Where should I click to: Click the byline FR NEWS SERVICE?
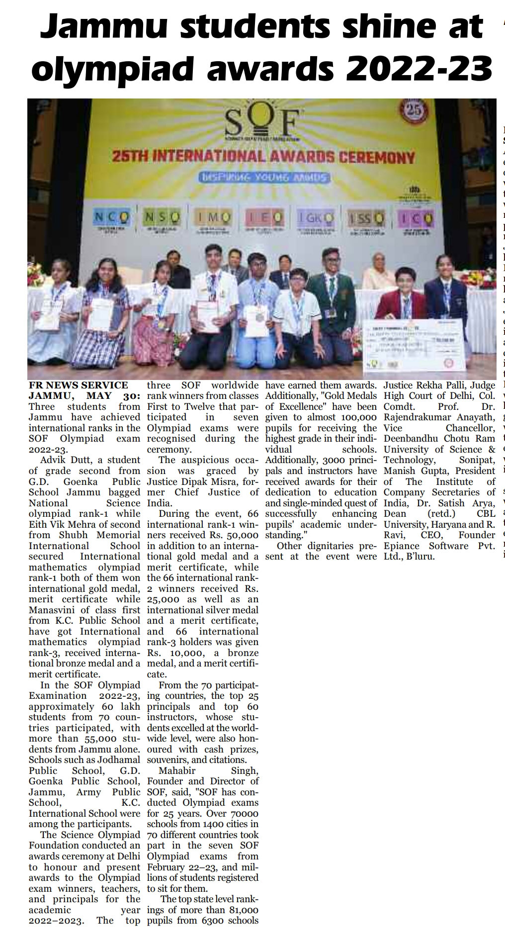[x=79, y=385]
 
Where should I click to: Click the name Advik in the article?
[x=54, y=461]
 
